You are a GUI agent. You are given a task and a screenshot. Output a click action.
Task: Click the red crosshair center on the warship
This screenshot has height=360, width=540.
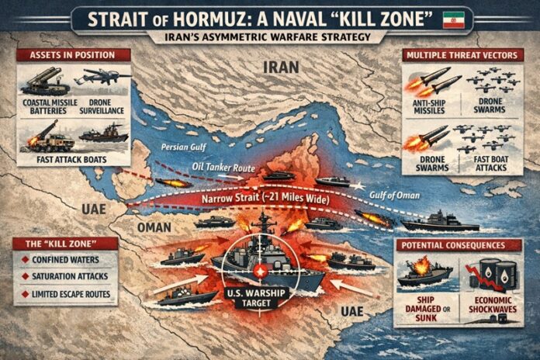point(261,272)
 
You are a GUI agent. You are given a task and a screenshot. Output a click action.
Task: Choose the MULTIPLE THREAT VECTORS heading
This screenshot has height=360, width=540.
point(463,55)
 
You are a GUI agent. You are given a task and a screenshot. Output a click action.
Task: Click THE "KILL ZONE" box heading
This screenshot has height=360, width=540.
point(65,244)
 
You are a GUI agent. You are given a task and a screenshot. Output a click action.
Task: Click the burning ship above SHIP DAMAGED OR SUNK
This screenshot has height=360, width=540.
point(424,272)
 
